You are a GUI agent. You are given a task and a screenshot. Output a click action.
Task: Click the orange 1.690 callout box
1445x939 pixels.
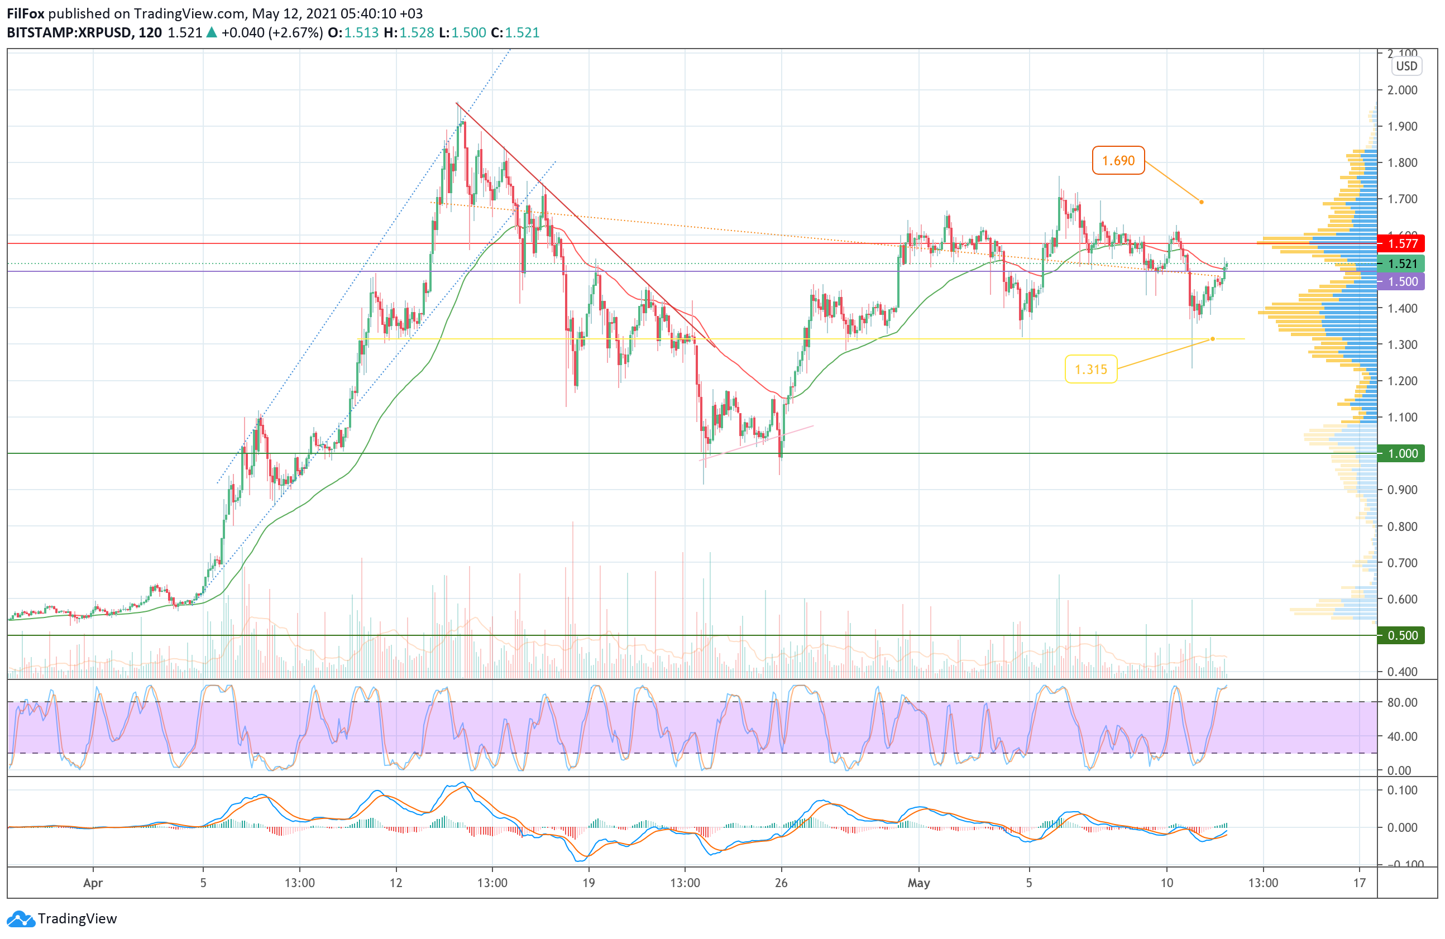coord(1118,161)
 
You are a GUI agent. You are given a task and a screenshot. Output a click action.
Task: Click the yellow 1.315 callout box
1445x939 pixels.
coord(1090,369)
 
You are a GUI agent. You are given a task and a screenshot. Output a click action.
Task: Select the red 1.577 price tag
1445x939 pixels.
coord(1403,244)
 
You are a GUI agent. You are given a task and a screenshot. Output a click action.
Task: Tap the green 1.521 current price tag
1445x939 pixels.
coord(1403,264)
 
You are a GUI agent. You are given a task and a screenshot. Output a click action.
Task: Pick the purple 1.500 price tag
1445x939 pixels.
coord(1403,281)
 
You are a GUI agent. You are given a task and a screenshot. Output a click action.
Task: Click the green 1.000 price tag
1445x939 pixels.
coord(1403,453)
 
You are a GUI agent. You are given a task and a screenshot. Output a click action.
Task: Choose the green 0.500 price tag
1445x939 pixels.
coord(1403,635)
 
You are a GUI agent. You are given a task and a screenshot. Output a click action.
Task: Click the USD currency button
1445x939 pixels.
coord(1406,66)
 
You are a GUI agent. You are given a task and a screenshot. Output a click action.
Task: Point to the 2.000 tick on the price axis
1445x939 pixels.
coord(1403,90)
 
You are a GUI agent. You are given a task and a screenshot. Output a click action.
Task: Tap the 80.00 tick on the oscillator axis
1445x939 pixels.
coord(1403,702)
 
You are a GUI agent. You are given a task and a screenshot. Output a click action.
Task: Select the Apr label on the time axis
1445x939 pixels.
coord(92,883)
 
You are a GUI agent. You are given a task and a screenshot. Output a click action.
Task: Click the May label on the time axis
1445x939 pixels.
coord(918,883)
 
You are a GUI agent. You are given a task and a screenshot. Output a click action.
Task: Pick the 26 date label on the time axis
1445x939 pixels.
coord(781,883)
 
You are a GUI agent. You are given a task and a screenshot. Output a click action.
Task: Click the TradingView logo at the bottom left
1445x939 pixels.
coord(62,919)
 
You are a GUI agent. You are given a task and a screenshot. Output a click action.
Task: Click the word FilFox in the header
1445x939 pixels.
coord(26,13)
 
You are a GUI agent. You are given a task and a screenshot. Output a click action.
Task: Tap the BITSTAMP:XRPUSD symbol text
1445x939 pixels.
coord(69,33)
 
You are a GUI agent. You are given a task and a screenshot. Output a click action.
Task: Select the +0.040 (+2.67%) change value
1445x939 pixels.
coord(272,33)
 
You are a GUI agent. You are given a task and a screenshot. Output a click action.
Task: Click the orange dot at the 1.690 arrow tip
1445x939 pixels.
coord(1202,202)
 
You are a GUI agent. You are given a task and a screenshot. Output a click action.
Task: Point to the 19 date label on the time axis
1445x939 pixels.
coord(588,883)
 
